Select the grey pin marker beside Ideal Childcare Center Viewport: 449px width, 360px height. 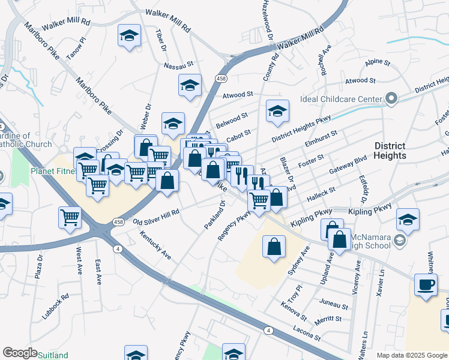392,98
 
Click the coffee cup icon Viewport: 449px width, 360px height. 426,285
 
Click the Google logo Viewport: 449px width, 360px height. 19,353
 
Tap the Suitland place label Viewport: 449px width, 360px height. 53,355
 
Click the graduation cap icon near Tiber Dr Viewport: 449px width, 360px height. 129,35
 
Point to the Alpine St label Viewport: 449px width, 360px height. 378,62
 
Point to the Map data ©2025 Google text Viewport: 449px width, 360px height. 412,355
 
